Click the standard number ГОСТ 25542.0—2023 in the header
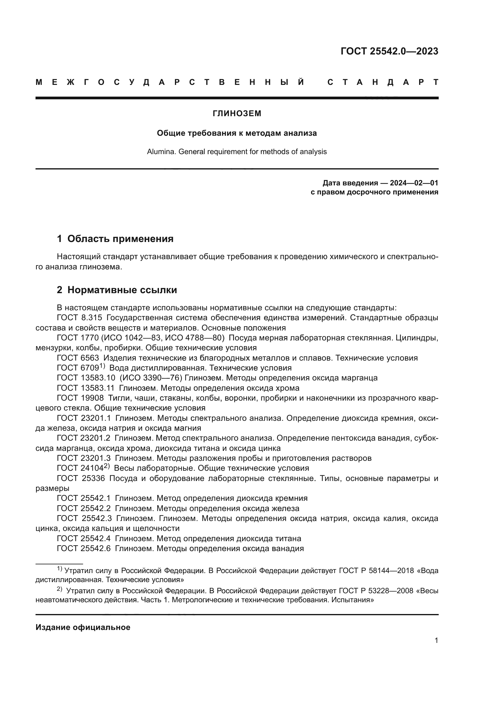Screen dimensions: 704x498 (389, 51)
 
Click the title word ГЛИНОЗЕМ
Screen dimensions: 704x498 (237, 113)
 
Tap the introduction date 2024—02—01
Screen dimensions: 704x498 (414, 183)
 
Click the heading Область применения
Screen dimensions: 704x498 (120, 239)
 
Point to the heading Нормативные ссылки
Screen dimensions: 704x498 (122, 290)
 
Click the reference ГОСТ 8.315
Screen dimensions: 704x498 (79, 318)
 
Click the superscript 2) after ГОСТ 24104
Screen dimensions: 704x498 (106, 466)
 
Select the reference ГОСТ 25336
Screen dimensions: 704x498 (81, 478)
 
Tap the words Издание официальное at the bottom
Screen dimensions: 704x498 (83, 627)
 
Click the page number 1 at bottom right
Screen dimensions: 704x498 (436, 640)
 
